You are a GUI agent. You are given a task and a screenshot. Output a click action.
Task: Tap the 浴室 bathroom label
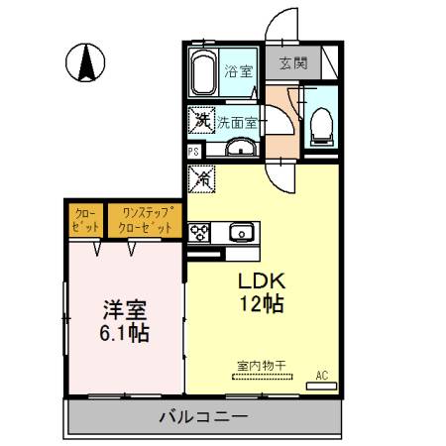click(238, 71)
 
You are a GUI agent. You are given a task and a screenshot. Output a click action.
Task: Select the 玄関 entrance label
click(292, 64)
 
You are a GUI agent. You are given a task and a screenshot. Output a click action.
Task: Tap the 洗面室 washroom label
click(238, 123)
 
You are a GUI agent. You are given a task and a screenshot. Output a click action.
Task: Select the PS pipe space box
click(194, 151)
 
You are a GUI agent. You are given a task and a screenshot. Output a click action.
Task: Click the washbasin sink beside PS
click(238, 150)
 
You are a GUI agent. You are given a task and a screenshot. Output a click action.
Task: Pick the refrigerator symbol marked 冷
click(202, 178)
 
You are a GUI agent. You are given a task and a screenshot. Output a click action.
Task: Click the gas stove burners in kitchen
click(199, 233)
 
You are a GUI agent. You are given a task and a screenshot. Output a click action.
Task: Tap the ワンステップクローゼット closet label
click(147, 219)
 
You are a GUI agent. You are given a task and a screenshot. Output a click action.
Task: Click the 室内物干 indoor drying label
click(261, 366)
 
